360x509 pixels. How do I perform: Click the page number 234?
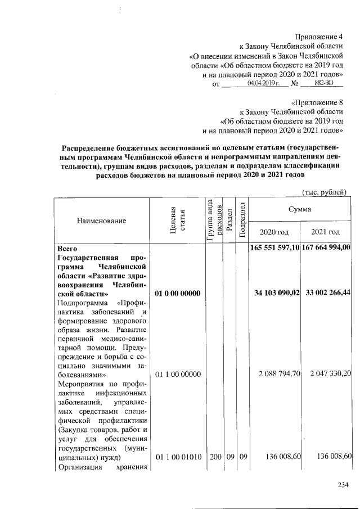click(343, 485)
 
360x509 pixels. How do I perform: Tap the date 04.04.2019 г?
click(263, 83)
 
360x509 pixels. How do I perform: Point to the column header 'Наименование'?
click(101, 221)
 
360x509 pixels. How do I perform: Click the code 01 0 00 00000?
click(177, 294)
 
